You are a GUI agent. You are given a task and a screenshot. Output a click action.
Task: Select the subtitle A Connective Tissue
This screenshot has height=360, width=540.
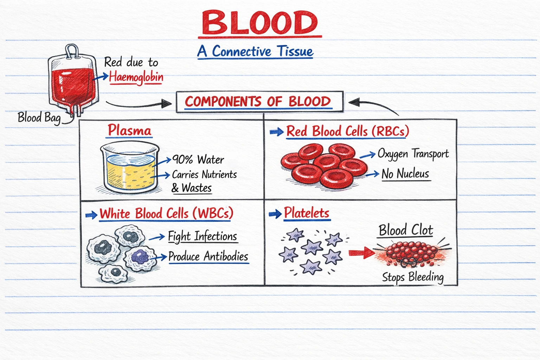point(255,51)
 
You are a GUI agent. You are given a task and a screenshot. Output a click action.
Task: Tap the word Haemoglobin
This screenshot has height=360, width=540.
point(136,77)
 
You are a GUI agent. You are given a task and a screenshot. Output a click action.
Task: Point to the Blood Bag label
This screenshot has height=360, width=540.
point(39,117)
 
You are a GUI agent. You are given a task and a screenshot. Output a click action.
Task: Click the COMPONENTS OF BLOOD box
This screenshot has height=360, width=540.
point(259,102)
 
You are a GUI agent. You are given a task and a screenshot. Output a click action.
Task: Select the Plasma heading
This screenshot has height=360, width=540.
point(129,130)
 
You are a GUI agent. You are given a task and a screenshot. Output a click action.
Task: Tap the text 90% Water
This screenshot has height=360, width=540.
point(198,160)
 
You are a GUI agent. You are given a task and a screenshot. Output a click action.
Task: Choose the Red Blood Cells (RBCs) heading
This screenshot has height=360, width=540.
point(347,131)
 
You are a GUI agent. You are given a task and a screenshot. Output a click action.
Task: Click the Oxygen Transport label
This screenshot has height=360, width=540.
point(413,154)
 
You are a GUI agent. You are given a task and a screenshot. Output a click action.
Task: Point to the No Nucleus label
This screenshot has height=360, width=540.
point(405,174)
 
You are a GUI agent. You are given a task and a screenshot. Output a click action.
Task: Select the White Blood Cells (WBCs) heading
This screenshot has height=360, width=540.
point(166,213)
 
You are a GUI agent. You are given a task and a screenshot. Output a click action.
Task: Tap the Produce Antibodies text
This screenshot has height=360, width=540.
point(208,256)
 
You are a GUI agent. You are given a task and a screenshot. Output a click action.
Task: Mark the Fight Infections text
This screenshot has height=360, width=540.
point(202,236)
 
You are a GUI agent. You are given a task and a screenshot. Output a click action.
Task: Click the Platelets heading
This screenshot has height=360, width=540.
point(306,213)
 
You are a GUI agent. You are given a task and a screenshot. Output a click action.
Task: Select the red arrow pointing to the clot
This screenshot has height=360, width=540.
point(361,252)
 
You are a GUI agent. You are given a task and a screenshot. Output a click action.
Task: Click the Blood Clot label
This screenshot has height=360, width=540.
point(406,230)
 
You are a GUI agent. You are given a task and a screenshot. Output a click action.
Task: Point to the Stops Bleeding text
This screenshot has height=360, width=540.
point(413,277)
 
